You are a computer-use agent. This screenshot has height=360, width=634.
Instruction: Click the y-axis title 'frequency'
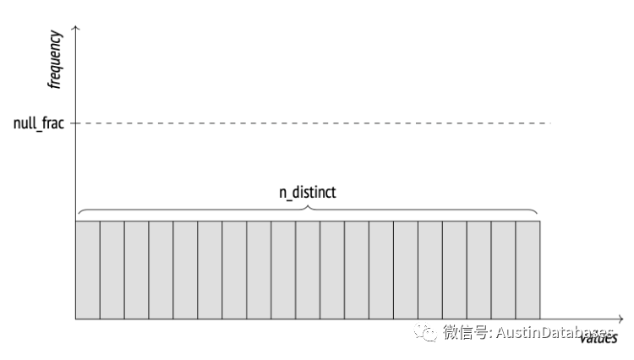[x=56, y=60]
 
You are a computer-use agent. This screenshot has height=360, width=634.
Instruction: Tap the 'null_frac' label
[x=39, y=123]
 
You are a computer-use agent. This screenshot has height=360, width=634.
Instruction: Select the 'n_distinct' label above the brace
[x=308, y=193]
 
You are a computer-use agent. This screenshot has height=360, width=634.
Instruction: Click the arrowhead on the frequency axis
[x=76, y=30]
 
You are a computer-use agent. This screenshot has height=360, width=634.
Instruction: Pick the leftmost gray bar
[x=88, y=270]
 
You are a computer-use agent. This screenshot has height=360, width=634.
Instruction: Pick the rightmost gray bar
[x=527, y=270]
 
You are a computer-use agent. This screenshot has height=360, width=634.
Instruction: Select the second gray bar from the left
[x=112, y=270]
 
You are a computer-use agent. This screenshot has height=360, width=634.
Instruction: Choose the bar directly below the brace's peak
[x=308, y=270]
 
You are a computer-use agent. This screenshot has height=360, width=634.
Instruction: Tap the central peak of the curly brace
[x=308, y=204]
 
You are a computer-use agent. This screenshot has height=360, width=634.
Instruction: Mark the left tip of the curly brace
[x=77, y=215]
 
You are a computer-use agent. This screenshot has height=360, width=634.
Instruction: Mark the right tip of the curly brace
[x=538, y=215]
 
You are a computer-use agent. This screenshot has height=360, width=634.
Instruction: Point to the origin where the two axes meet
[x=76, y=319]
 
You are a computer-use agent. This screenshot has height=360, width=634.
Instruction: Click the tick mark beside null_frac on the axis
[x=74, y=123]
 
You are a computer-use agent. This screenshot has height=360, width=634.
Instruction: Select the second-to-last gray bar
[x=503, y=270]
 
